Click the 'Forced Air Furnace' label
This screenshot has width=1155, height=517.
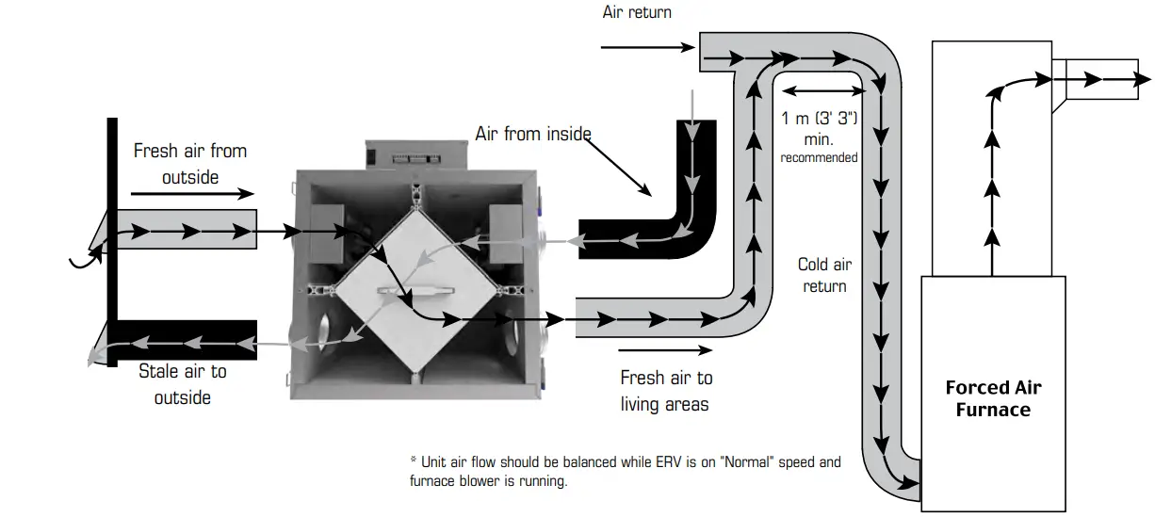click(993, 398)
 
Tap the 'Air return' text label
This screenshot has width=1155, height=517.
click(637, 13)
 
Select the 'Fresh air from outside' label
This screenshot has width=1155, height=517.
click(189, 164)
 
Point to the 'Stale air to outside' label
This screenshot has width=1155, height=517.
click(182, 384)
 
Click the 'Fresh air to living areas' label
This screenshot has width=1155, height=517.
click(665, 391)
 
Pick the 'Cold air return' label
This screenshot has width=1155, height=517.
click(824, 275)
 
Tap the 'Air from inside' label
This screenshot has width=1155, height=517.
click(532, 134)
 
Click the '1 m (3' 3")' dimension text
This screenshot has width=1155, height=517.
click(821, 119)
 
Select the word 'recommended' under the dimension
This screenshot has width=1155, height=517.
click(819, 157)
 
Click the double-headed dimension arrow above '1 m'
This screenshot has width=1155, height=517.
click(823, 90)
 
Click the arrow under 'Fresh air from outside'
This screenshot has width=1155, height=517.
click(192, 194)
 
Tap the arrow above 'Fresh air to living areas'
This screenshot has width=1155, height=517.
click(667, 351)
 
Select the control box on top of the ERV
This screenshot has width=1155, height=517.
click(415, 154)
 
